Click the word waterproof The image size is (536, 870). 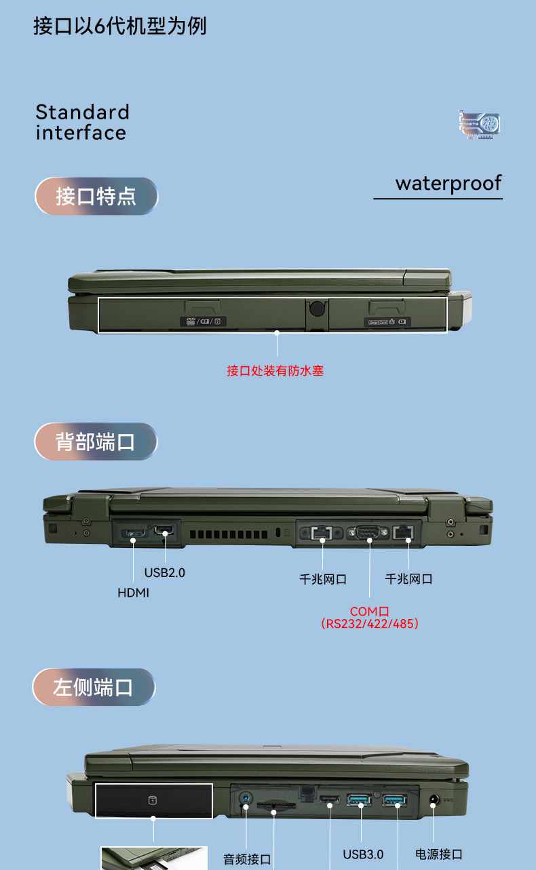pyautogui.click(x=448, y=184)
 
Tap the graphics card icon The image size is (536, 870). pyautogui.click(x=479, y=124)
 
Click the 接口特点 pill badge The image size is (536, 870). pyautogui.click(x=96, y=196)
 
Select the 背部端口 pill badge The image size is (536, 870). pyautogui.click(x=96, y=441)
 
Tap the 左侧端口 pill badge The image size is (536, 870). pyautogui.click(x=94, y=687)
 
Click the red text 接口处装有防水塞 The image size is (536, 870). pyautogui.click(x=275, y=370)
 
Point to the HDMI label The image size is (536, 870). pyautogui.click(x=133, y=593)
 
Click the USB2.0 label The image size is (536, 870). pyautogui.click(x=164, y=572)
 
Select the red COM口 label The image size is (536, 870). pyautogui.click(x=369, y=612)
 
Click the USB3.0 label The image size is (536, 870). pyautogui.click(x=363, y=854)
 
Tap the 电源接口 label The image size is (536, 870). pyautogui.click(x=439, y=854)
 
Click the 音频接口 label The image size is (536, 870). pyautogui.click(x=247, y=859)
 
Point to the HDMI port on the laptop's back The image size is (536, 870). pyautogui.click(x=134, y=533)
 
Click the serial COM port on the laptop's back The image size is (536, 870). pyautogui.click(x=367, y=532)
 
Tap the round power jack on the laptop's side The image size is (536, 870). pyautogui.click(x=434, y=799)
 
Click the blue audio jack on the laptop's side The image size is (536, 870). pyautogui.click(x=245, y=799)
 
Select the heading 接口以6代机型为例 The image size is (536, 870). pyautogui.click(x=119, y=26)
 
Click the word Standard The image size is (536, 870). pyautogui.click(x=82, y=113)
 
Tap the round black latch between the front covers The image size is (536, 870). pyautogui.click(x=317, y=309)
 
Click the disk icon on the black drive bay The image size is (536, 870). pyautogui.click(x=153, y=800)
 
